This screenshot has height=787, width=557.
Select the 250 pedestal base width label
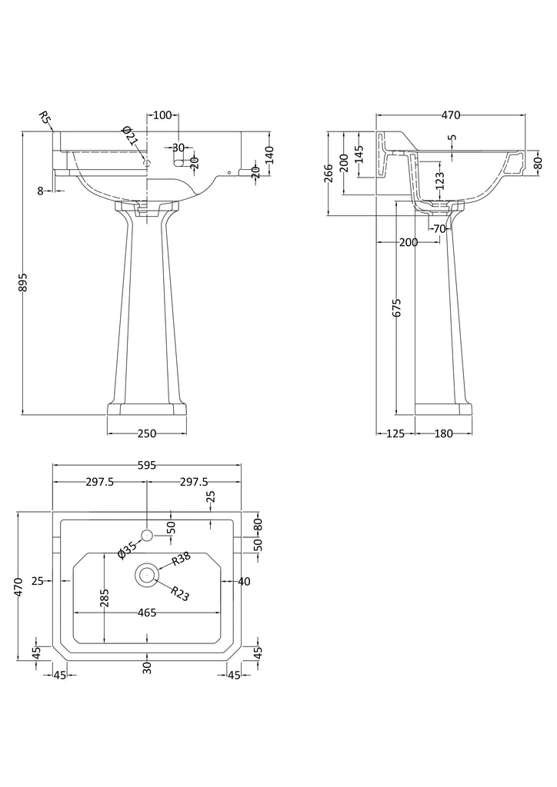point(146,433)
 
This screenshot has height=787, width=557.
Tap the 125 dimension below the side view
point(394,433)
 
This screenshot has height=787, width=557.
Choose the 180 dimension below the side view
point(443,433)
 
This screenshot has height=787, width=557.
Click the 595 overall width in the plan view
point(147,464)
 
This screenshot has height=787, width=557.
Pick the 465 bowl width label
point(147,613)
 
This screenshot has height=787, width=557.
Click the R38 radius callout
point(181,560)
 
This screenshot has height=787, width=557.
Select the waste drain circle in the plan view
point(147,573)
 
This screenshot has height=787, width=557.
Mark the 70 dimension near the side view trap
point(439,228)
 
